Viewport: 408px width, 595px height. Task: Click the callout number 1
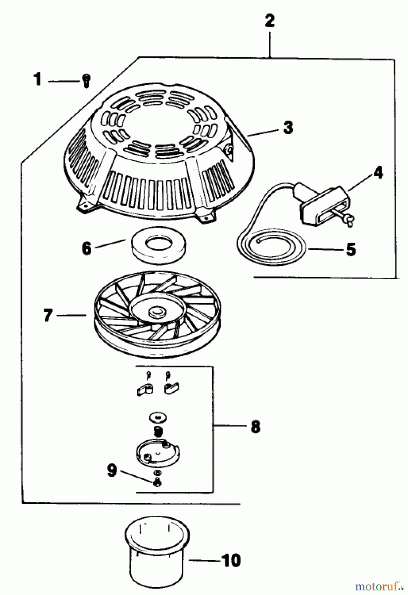coord(38,80)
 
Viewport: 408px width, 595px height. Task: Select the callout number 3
coord(288,127)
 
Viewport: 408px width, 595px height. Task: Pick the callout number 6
coord(86,248)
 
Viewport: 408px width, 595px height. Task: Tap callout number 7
coord(48,315)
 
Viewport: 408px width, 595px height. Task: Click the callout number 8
coord(255,427)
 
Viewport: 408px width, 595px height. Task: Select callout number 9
coord(112,471)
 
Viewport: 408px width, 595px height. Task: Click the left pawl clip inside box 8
coord(145,389)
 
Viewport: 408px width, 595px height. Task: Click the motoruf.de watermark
coord(380,587)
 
